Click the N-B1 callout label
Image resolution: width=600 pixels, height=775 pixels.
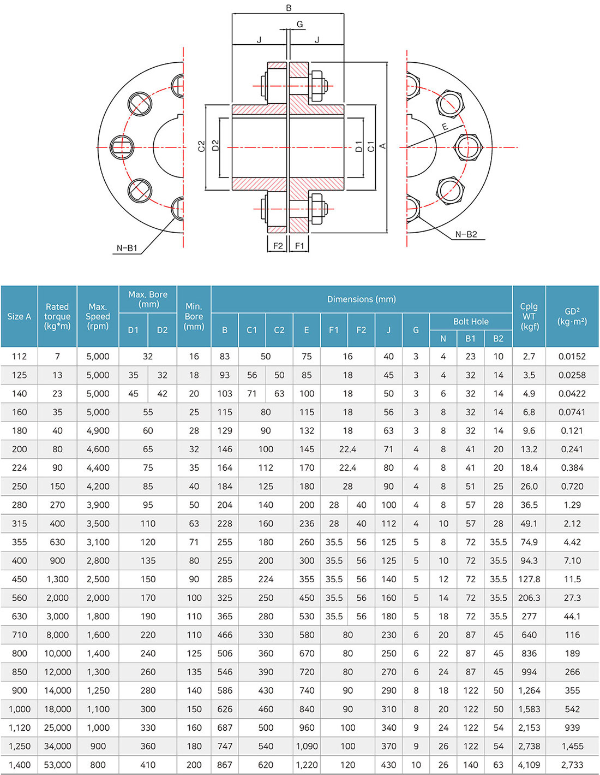(x=127, y=248)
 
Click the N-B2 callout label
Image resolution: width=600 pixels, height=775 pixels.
(x=466, y=234)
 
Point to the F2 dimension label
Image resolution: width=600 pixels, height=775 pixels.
(x=278, y=246)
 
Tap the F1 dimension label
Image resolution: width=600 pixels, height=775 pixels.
(x=299, y=246)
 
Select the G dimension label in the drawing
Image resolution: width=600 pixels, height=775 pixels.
(x=299, y=24)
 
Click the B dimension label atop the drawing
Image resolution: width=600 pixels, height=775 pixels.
(x=289, y=8)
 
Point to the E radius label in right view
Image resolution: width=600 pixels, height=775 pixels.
(x=445, y=127)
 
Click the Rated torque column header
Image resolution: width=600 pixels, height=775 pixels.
(x=57, y=316)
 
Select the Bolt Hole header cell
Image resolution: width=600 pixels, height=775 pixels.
(x=471, y=322)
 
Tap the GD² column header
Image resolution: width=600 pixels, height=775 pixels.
(x=572, y=316)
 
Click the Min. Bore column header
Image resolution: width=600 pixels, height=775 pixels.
(x=194, y=316)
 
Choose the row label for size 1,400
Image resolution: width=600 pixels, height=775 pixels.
(x=19, y=765)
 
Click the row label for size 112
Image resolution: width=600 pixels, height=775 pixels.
(x=19, y=356)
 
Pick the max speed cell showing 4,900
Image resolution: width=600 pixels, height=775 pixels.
(x=98, y=430)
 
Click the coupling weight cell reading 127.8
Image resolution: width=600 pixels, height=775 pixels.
(x=529, y=579)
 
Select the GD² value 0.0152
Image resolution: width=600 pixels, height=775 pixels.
(x=572, y=356)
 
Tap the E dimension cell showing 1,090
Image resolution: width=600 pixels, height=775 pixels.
(x=307, y=746)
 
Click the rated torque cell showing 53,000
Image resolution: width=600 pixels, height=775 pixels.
(x=57, y=765)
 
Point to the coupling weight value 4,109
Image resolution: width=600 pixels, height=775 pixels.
(x=529, y=765)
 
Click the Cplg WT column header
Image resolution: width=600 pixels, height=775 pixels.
(x=529, y=316)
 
